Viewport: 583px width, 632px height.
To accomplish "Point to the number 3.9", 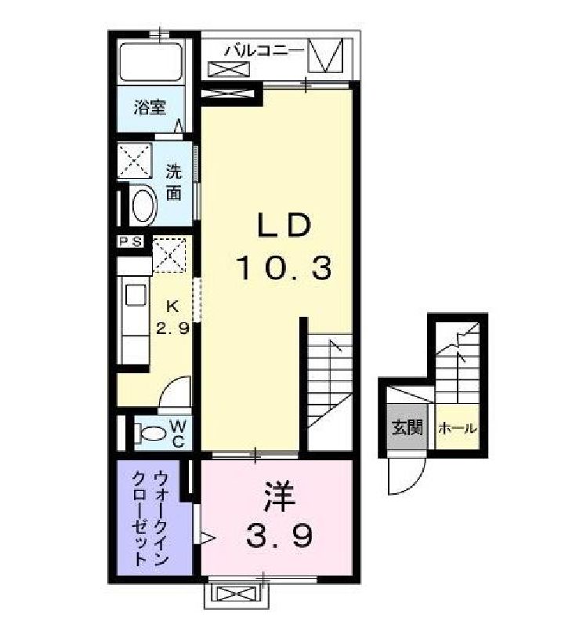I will coord(281,536).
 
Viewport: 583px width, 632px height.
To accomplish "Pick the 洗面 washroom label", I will coord(173,181).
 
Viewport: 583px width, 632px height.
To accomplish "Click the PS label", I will coord(130,242).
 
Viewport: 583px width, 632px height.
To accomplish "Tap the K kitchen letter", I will coord(174,306).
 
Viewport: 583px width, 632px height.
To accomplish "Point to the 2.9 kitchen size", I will coord(172,329).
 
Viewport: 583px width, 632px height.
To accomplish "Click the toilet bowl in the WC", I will coord(150,432).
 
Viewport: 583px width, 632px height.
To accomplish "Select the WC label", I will coord(177,432).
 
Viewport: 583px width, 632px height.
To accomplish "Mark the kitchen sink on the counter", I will coord(133,297).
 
